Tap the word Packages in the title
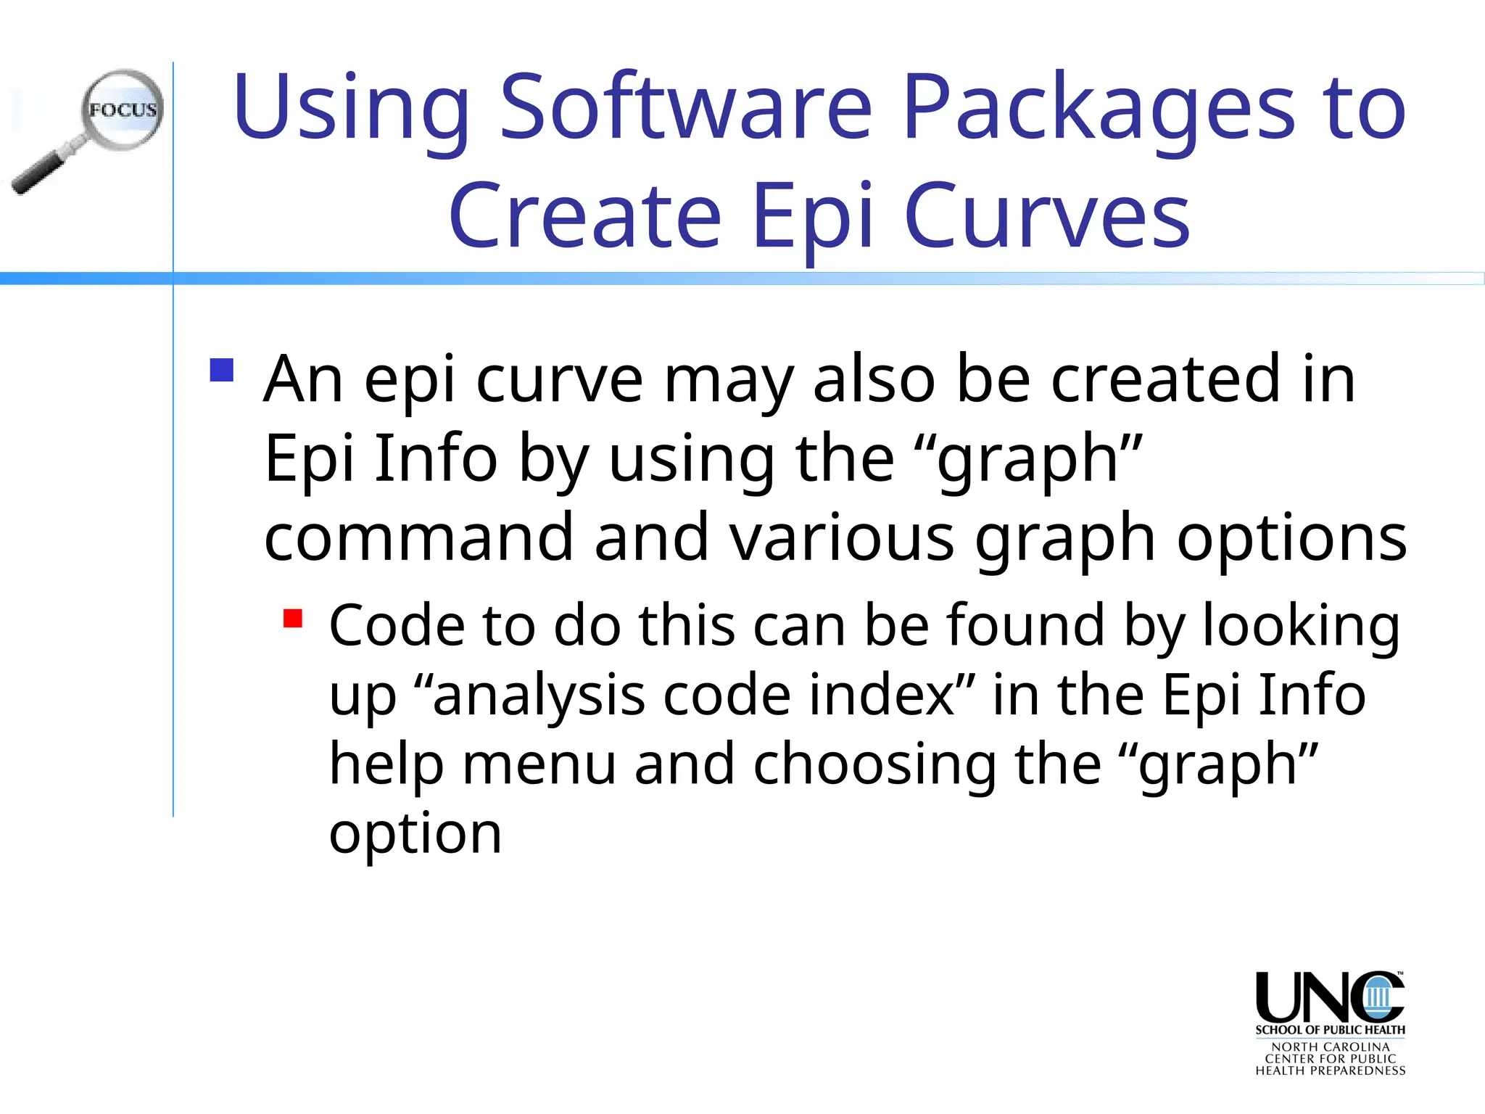[x=1098, y=109]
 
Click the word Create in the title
[x=584, y=215]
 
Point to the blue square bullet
[x=222, y=370]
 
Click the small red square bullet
[x=293, y=619]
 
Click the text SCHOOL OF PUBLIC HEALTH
[x=1330, y=1030]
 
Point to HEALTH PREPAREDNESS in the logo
[x=1330, y=1070]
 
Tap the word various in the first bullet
[x=842, y=537]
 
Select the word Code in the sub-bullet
[x=397, y=625]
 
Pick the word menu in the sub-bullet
[x=539, y=764]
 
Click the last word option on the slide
[x=415, y=834]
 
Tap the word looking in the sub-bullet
[x=1301, y=627]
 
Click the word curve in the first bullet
[x=559, y=379]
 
